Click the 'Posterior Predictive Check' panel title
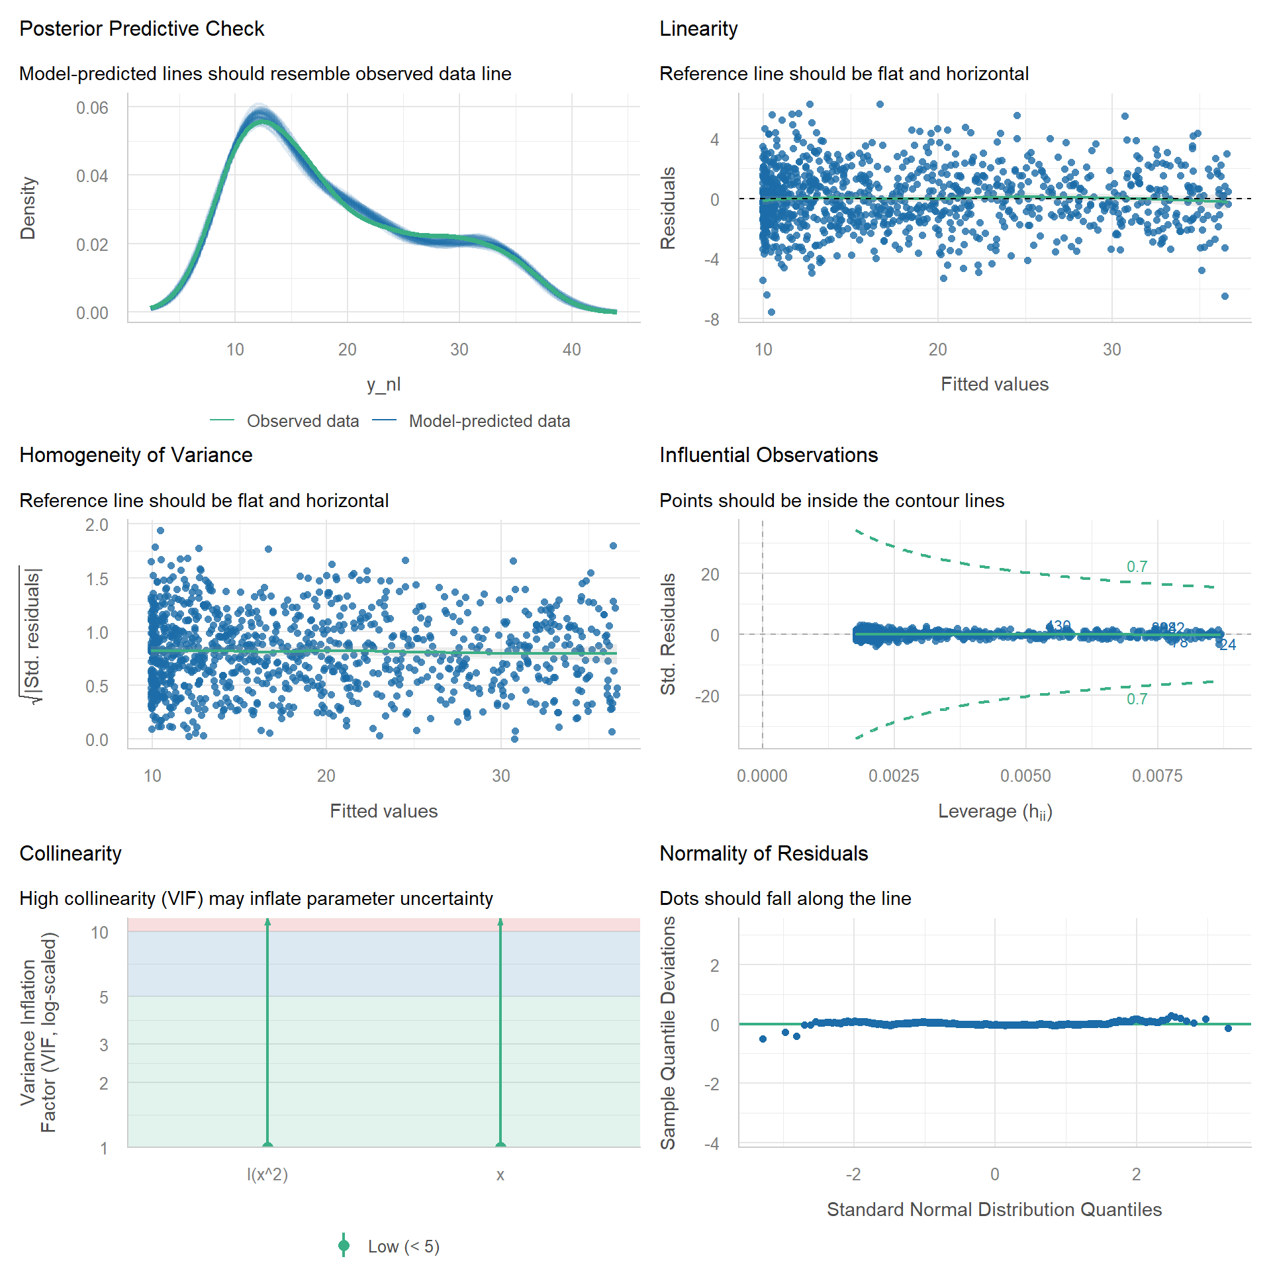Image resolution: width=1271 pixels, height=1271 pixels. (142, 29)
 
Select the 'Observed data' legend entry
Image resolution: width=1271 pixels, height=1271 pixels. (302, 421)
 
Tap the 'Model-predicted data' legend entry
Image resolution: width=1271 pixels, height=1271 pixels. (489, 421)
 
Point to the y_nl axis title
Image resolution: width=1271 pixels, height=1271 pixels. (383, 384)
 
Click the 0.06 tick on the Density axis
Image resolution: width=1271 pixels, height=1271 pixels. (92, 108)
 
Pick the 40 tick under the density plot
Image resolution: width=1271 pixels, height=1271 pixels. (571, 350)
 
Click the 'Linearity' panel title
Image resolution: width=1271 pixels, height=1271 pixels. (698, 29)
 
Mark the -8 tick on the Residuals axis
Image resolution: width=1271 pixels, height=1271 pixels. (712, 320)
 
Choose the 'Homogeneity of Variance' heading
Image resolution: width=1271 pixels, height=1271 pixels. (136, 455)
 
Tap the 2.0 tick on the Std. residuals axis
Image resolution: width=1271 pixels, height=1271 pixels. (97, 526)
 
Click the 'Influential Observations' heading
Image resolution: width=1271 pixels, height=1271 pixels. (769, 455)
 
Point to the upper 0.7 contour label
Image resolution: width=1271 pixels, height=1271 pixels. (1137, 567)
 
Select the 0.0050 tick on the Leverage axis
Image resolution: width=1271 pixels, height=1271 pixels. (1025, 776)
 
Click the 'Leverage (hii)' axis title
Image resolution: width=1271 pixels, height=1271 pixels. (994, 812)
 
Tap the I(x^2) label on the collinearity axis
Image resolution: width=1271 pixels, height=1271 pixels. (267, 1174)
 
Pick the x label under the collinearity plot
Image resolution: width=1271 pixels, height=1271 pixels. (500, 1175)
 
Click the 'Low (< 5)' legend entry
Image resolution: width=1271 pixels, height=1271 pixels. (403, 1247)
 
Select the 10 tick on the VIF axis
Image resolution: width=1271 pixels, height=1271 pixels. (99, 933)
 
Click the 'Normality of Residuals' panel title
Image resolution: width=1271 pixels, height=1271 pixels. (763, 854)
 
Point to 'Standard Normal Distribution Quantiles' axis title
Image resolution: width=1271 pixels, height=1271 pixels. (994, 1209)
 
